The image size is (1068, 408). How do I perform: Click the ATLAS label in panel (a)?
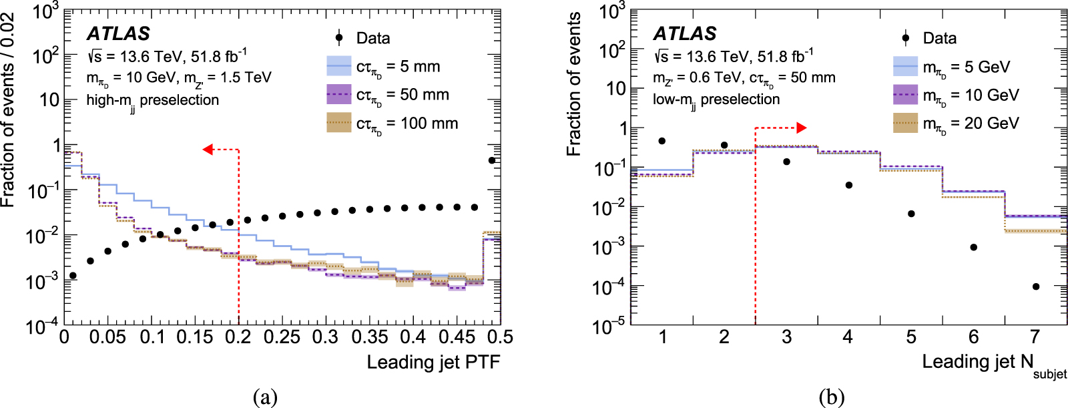pyautogui.click(x=118, y=33)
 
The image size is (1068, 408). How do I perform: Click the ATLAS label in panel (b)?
pyautogui.click(x=684, y=33)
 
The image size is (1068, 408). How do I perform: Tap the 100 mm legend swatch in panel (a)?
pyautogui.click(x=339, y=123)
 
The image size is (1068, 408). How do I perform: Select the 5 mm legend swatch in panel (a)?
pyautogui.click(x=339, y=66)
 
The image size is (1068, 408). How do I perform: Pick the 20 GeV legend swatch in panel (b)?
pyautogui.click(x=906, y=123)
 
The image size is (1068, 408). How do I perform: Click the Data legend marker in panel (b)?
pyautogui.click(x=906, y=38)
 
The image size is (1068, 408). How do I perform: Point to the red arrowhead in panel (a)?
pyautogui.click(x=208, y=150)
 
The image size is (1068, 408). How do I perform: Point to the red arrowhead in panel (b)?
pyautogui.click(x=802, y=128)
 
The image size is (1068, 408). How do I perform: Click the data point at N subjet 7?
pyautogui.click(x=1036, y=286)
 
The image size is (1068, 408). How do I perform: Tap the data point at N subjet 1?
pyautogui.click(x=661, y=141)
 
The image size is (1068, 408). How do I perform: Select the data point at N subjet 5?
pyautogui.click(x=911, y=214)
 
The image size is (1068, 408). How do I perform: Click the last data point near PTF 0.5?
pyautogui.click(x=492, y=160)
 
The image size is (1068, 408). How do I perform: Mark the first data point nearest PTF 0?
pyautogui.click(x=73, y=275)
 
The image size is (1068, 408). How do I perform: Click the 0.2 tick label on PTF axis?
pyautogui.click(x=238, y=337)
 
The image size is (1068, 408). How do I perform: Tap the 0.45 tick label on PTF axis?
pyautogui.click(x=456, y=337)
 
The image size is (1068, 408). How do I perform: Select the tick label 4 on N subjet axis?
pyautogui.click(x=848, y=337)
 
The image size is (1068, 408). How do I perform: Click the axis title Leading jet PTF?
pyautogui.click(x=433, y=363)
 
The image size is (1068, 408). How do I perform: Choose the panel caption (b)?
pyautogui.click(x=831, y=397)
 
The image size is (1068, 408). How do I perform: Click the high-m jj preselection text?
pyautogui.click(x=153, y=101)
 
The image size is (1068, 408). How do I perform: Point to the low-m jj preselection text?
pyautogui.click(x=716, y=100)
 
